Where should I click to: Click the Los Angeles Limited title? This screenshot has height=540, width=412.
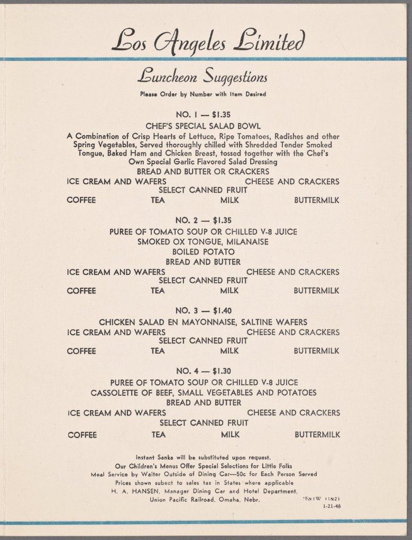pos(208,41)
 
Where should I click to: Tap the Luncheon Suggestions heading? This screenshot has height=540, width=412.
pos(203,78)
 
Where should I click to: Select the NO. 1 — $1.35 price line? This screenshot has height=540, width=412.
pos(203,114)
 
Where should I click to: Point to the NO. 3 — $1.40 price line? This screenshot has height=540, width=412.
pos(203,311)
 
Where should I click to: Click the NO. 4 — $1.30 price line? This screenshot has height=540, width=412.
pos(203,371)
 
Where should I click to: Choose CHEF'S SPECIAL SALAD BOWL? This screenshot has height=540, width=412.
pos(203,126)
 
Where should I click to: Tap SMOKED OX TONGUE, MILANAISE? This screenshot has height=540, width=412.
pos(203,242)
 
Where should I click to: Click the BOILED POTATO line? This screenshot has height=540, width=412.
pos(203,252)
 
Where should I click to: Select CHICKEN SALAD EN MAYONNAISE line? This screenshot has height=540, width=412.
pos(203,321)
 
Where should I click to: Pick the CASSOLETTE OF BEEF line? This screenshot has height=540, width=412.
pos(203,392)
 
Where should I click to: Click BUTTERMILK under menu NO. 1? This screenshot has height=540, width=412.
pos(317,201)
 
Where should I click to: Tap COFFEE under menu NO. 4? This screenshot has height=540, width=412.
pos(82,435)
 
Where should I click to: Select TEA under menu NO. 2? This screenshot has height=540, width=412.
pos(158,291)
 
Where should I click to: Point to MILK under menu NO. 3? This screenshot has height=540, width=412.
pos(230,351)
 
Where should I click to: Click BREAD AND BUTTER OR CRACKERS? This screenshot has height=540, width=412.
pos(203,172)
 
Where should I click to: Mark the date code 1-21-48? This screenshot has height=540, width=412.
pos(331,507)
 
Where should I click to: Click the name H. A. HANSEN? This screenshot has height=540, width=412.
pos(133,490)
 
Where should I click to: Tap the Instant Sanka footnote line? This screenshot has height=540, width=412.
pos(203,457)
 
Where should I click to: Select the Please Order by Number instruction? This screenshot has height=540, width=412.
pos(203,94)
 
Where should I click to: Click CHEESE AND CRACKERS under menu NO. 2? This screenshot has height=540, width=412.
pos(293,272)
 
